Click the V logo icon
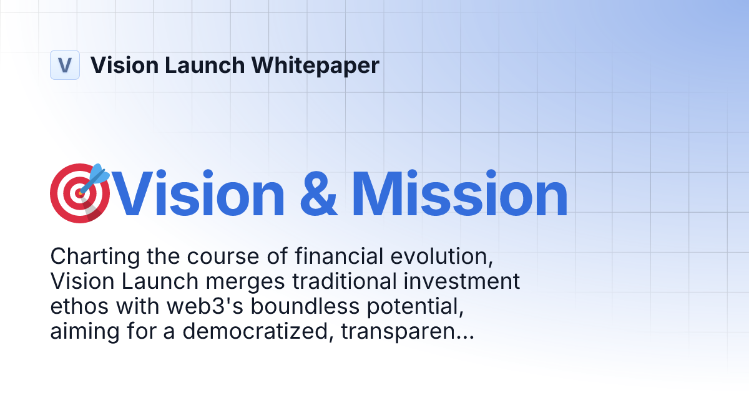tap(65, 65)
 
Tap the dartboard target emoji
tap(79, 193)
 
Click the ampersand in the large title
tap(318, 195)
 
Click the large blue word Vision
tap(200, 195)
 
